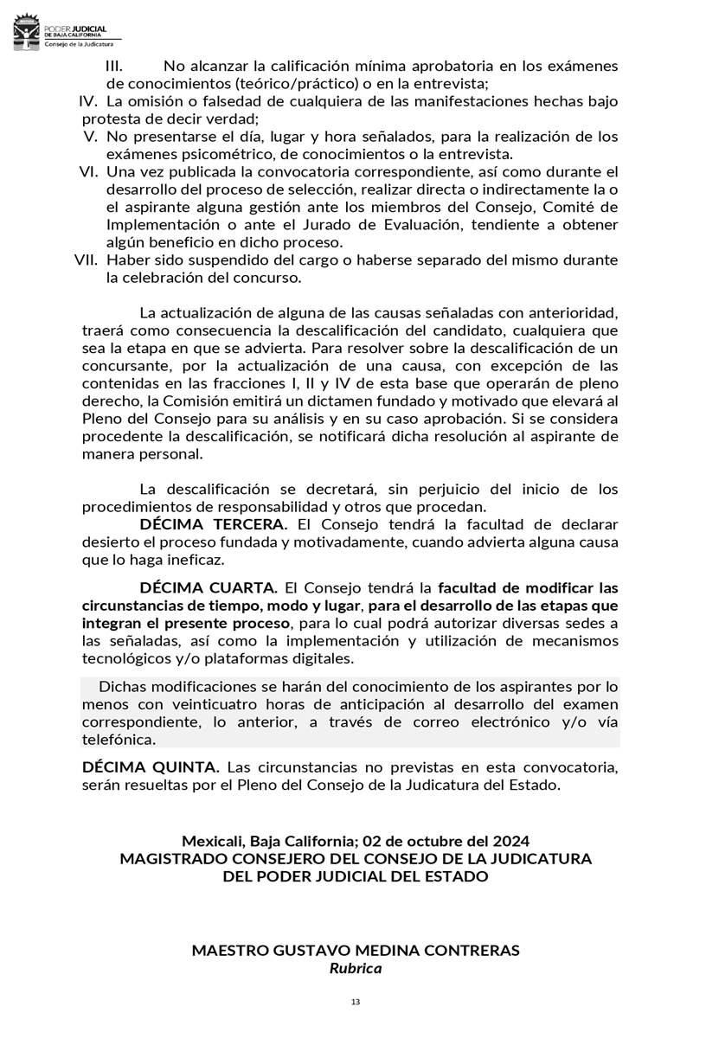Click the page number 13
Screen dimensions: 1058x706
tap(355, 1002)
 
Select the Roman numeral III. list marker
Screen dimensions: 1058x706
tap(114, 67)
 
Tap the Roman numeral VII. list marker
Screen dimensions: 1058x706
tap(88, 260)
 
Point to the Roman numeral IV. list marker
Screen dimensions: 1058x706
tap(88, 102)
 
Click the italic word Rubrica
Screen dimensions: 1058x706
tap(355, 968)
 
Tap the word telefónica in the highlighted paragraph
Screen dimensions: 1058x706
tap(119, 740)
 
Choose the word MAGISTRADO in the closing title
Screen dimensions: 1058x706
tap(172, 858)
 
